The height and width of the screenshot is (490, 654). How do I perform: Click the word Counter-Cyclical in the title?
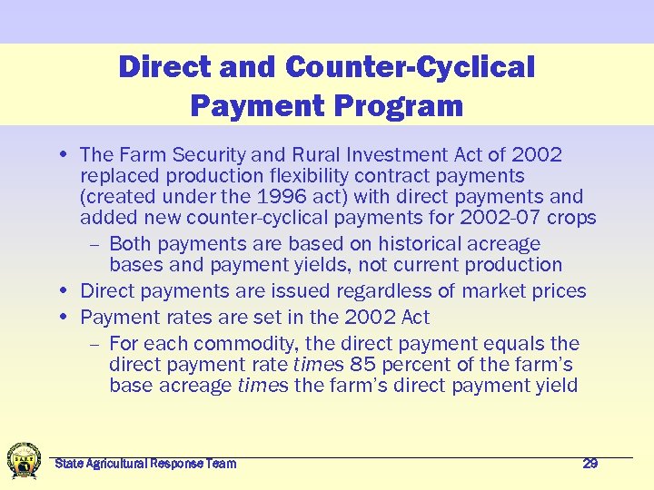(x=410, y=67)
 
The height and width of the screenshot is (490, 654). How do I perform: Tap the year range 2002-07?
(x=502, y=218)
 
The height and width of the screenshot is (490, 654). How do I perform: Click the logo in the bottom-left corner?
(x=24, y=459)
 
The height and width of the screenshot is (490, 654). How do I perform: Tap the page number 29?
(x=590, y=464)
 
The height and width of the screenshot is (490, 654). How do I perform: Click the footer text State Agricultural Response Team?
(x=145, y=464)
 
